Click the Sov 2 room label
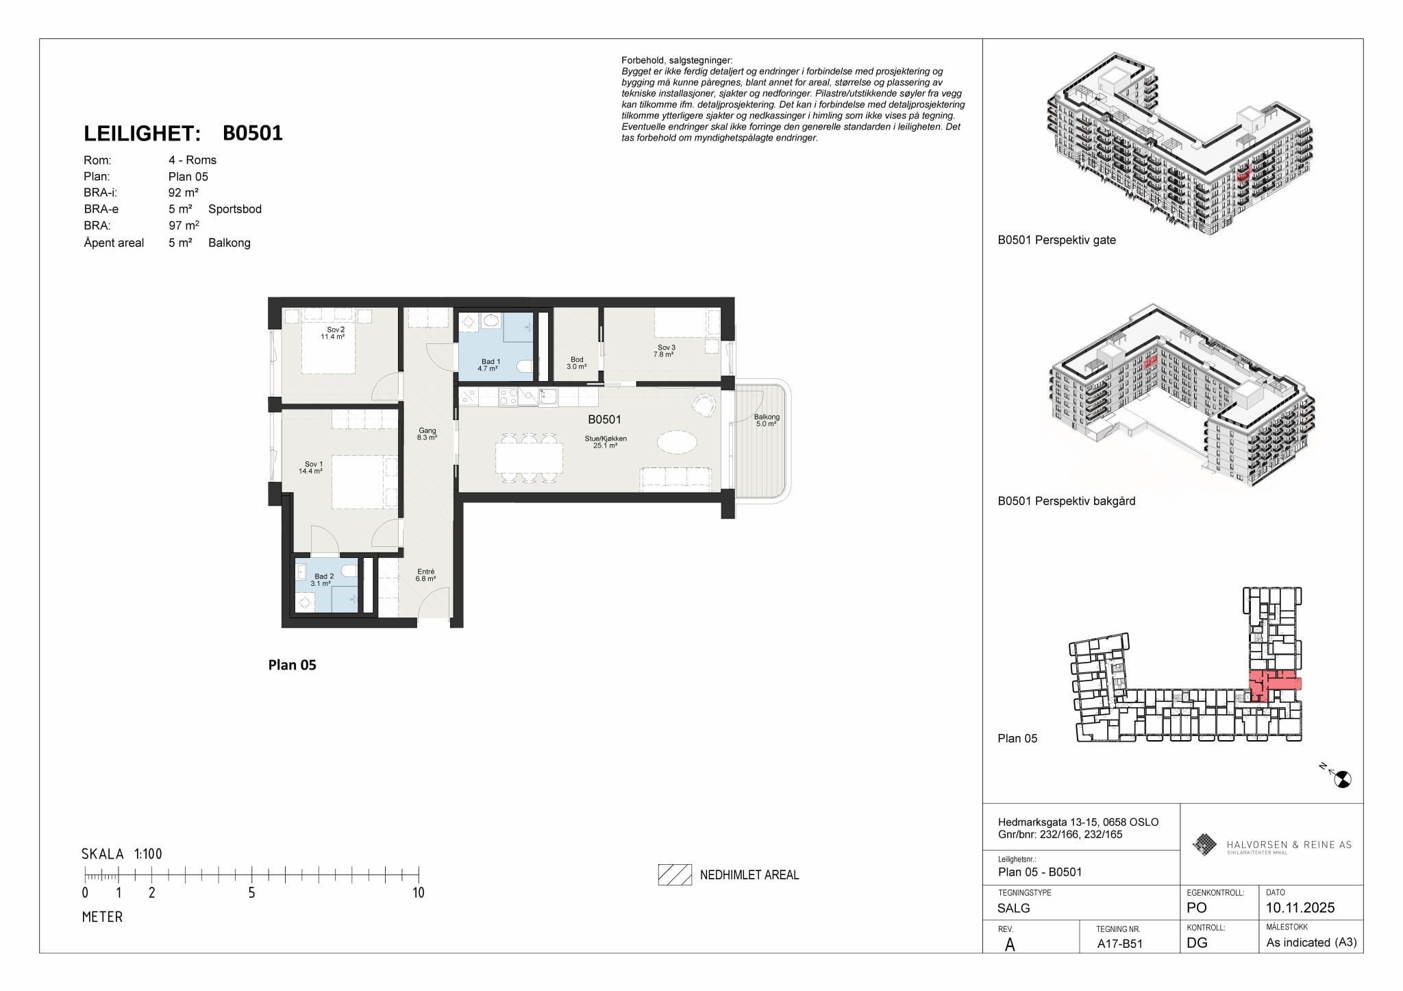336,330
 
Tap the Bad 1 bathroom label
491,362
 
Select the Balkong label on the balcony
767,417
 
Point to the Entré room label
425,572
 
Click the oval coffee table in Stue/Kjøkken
677,441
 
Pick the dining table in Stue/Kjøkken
529,458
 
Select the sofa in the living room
675,479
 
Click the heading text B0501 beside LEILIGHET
253,133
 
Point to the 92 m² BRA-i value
184,193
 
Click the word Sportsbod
235,209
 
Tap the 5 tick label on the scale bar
251,893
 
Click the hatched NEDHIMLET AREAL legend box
675,874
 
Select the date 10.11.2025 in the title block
1300,908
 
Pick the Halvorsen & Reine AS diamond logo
1204,844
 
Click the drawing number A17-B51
1120,944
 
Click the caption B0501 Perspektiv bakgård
1067,501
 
